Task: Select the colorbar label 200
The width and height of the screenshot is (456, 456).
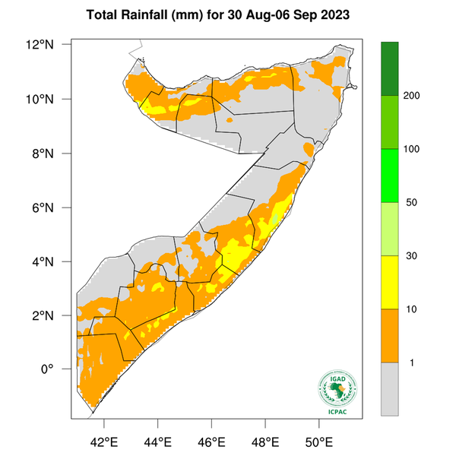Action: (x=413, y=96)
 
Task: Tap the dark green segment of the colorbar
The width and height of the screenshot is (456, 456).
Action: (x=390, y=68)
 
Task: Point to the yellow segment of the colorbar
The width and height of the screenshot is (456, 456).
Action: (x=390, y=282)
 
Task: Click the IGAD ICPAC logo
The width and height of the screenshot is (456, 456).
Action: (x=337, y=393)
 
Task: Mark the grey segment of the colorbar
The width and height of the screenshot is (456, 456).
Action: (x=390, y=388)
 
